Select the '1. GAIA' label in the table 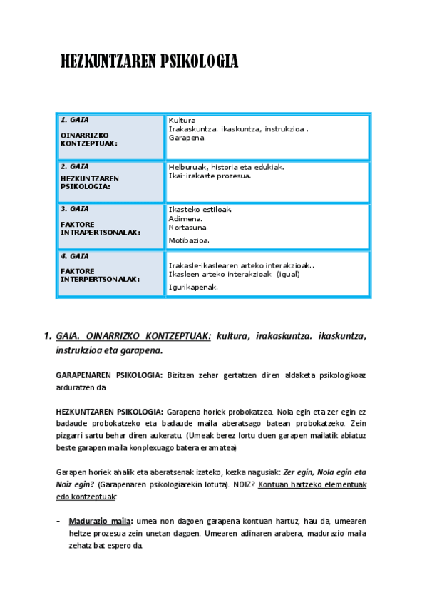click(75, 119)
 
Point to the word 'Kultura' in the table click(182, 120)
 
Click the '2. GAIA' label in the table click(75, 166)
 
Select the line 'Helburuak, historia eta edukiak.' click(226, 167)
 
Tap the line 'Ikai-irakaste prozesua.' click(210, 176)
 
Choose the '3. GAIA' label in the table click(75, 209)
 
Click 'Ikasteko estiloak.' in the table click(200, 210)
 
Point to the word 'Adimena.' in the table click(185, 218)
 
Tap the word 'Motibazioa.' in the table click(189, 240)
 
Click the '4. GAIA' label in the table click(75, 255)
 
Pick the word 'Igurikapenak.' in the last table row click(193, 287)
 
